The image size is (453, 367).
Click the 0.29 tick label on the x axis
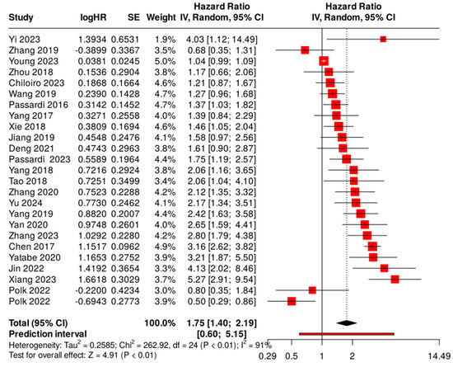[x=267, y=359]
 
